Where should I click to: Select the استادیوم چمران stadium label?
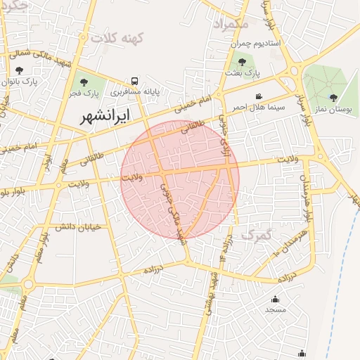[x=256, y=44]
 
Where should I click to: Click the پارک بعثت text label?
[x=243, y=72]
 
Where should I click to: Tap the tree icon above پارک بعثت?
[x=242, y=62]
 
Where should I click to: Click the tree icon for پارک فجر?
[x=84, y=82]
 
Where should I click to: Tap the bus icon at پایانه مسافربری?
[x=134, y=80]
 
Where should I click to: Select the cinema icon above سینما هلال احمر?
[x=259, y=96]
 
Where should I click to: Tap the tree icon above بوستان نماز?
[x=333, y=98]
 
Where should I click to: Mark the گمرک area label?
[x=255, y=233]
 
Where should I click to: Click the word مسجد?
[x=275, y=309]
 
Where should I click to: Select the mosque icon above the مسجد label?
[x=275, y=299]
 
